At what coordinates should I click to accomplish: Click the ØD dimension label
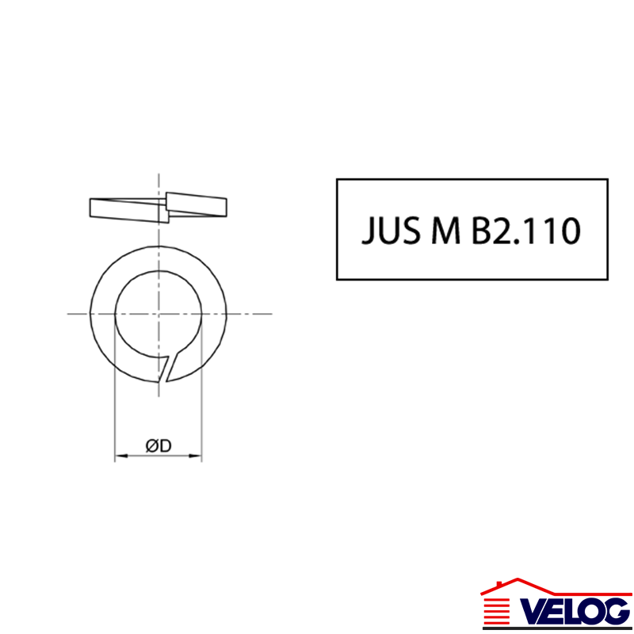click(158, 445)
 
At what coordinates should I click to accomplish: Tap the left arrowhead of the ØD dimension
click(121, 456)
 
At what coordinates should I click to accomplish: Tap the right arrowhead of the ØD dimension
click(195, 456)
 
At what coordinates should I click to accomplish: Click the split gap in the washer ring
click(168, 367)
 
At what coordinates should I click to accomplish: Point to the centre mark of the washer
click(158, 314)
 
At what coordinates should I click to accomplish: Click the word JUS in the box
click(391, 231)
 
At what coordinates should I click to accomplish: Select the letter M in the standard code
click(446, 231)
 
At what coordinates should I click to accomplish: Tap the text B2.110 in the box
click(526, 231)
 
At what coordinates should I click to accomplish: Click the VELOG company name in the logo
click(574, 611)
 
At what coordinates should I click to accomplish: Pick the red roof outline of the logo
click(556, 586)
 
